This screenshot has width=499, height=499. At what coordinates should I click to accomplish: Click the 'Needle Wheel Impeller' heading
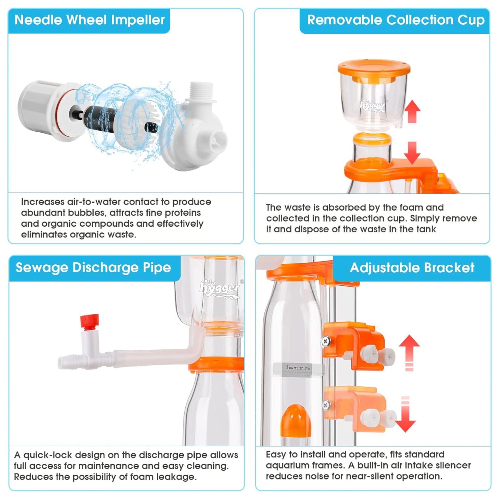coord(90,20)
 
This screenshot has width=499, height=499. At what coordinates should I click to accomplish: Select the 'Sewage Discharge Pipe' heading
coord(93,268)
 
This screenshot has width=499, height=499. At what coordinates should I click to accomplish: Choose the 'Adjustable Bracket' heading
coord(412,268)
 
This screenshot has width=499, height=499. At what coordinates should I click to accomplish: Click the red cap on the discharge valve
coord(89,322)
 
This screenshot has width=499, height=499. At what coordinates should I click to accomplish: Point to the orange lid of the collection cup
coord(374,70)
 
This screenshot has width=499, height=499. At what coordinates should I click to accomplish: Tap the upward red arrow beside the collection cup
coord(412,111)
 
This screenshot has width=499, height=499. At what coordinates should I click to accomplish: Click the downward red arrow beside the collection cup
coord(412,153)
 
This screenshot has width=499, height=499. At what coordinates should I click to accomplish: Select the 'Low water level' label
coord(298,367)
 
